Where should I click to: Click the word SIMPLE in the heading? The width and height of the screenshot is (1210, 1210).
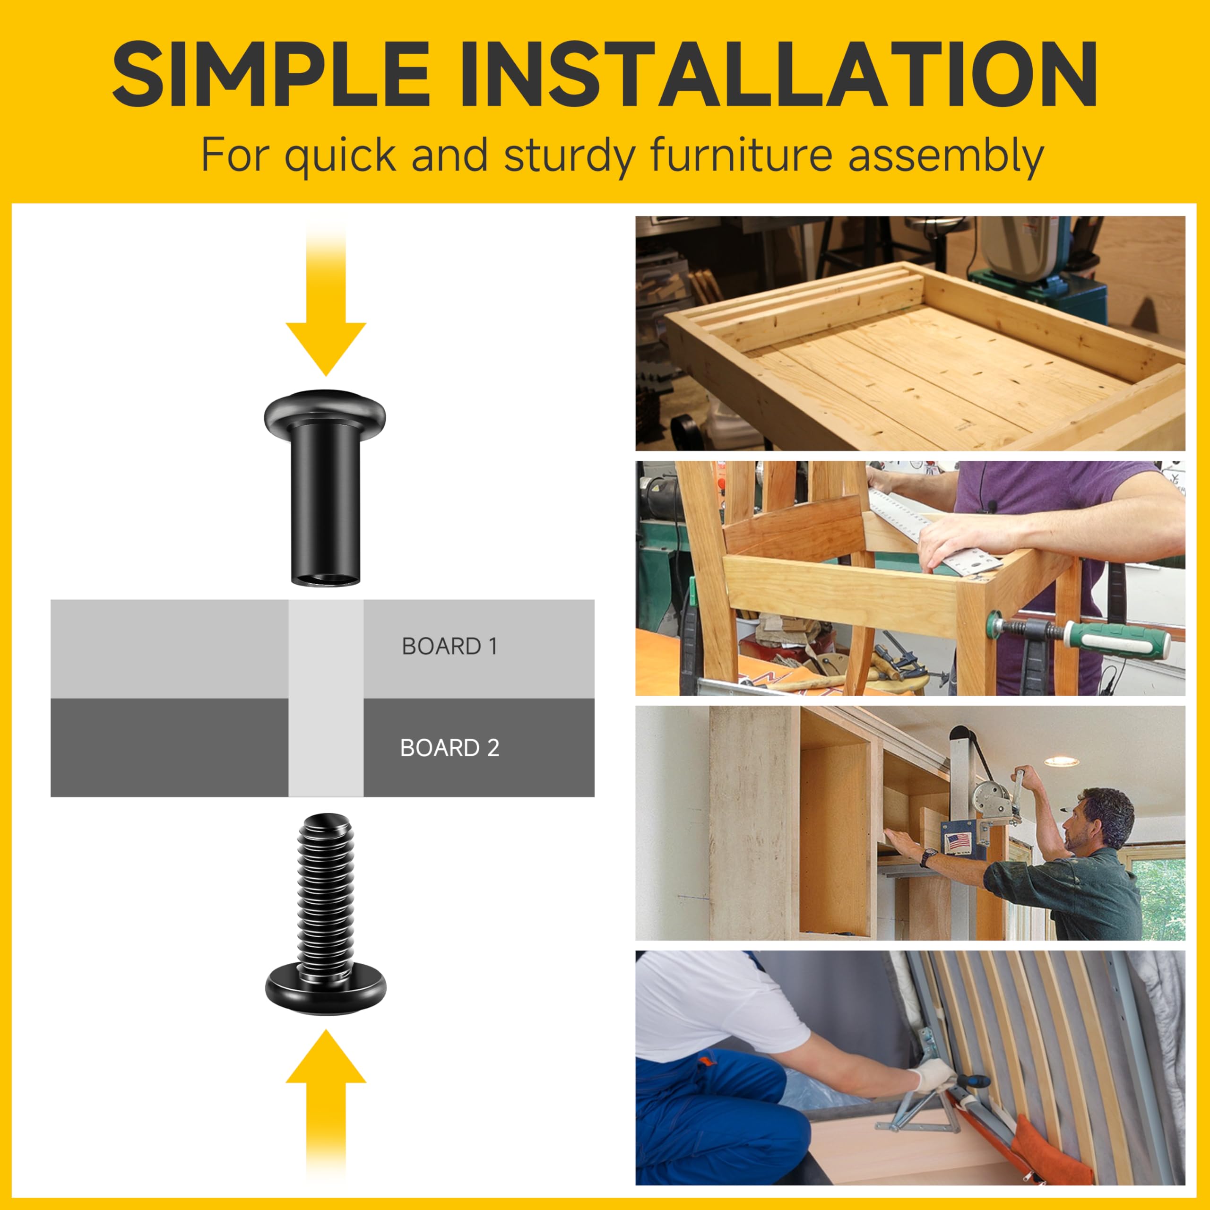270,74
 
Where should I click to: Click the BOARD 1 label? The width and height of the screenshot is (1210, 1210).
449,646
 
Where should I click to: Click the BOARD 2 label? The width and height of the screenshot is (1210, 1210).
449,748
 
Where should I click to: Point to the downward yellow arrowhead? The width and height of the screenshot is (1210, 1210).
326,349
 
